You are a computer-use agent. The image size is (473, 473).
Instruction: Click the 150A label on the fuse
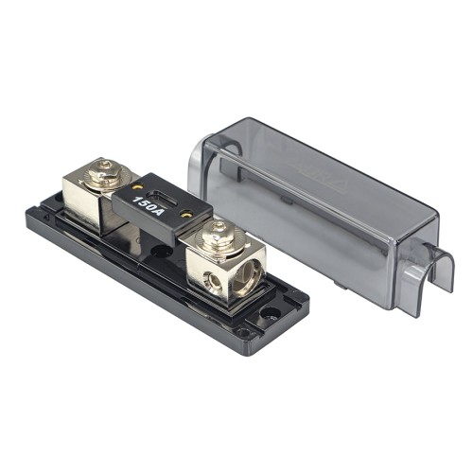(147, 201)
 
